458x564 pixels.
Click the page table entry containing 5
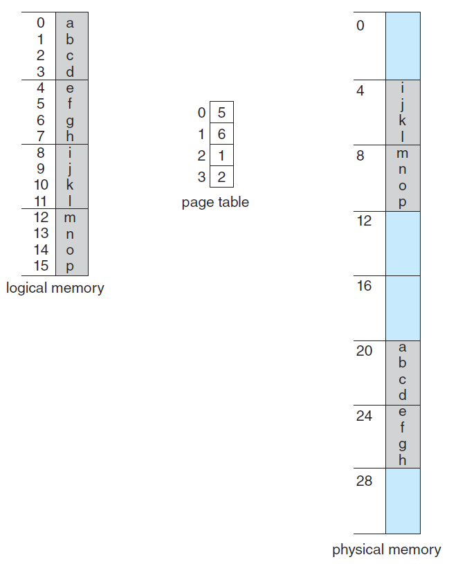pos(221,112)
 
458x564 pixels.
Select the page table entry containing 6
pos(221,134)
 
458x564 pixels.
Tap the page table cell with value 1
pos(221,156)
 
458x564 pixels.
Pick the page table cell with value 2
pos(221,177)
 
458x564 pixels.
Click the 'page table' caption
pos(215,203)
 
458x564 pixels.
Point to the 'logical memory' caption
pos(55,288)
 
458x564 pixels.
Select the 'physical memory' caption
pos(386,550)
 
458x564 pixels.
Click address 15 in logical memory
pos(41,266)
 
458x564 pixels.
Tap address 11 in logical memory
pos(41,201)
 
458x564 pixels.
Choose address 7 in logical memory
pos(41,136)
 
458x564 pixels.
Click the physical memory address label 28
pos(364,481)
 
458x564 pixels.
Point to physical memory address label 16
pos(364,286)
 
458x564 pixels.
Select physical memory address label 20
pos(364,351)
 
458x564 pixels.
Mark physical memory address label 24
pos(364,416)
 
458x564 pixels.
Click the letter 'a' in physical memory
pos(403,347)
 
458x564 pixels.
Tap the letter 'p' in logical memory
pos(70,266)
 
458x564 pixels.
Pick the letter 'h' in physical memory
pos(403,460)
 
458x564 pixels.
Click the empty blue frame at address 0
pos(403,46)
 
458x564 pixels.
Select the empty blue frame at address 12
pos(403,243)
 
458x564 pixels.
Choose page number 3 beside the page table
pos(201,177)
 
